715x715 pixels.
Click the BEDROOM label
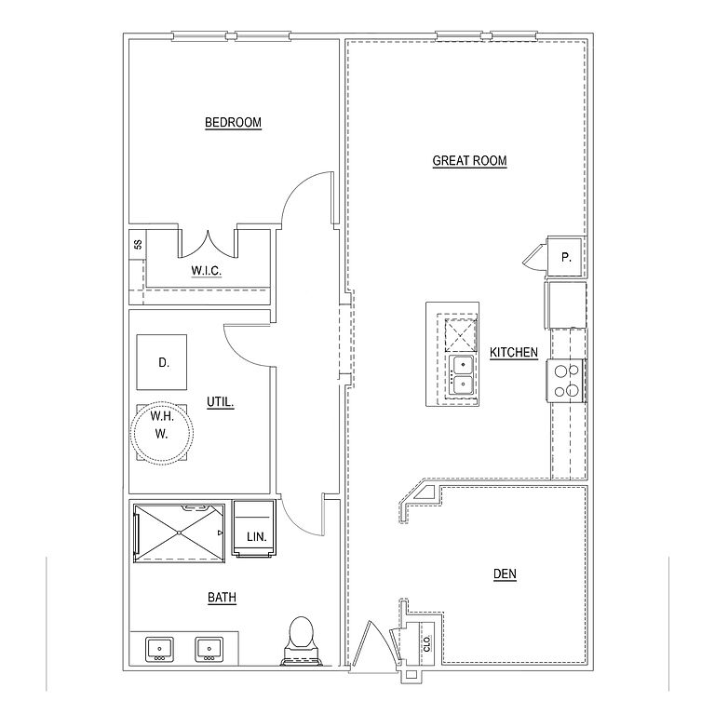click(233, 122)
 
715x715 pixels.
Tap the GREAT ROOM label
click(469, 160)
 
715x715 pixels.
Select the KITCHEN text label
click(514, 352)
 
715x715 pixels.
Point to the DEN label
click(505, 574)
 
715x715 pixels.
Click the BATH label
click(222, 597)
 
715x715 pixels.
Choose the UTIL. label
click(220, 402)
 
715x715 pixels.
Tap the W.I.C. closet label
click(205, 272)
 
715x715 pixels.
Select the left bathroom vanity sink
click(160, 648)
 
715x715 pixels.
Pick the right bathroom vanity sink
click(209, 648)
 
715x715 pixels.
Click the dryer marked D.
click(163, 362)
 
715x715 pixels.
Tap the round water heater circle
click(164, 433)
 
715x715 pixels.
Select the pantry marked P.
click(566, 255)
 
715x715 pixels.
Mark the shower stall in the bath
click(179, 533)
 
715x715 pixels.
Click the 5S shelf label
click(138, 246)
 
